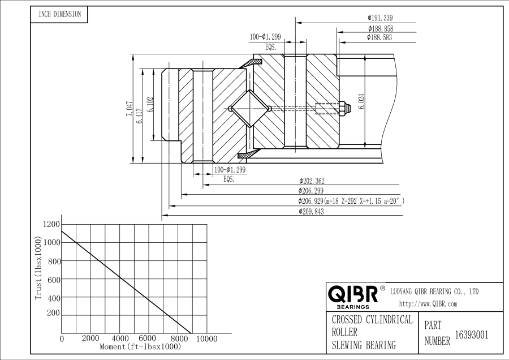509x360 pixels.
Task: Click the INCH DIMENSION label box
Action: [x=59, y=14]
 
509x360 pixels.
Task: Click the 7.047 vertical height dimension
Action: [x=130, y=109]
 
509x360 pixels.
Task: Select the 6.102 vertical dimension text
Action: [x=150, y=105]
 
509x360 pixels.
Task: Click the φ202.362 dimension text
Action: [x=312, y=181]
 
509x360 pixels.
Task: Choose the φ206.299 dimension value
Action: [x=312, y=191]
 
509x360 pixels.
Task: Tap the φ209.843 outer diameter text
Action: [x=312, y=211]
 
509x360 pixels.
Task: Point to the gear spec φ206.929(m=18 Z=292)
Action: [x=351, y=201]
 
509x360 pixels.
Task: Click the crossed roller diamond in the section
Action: [x=251, y=109]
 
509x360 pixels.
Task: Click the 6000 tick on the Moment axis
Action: [x=148, y=338]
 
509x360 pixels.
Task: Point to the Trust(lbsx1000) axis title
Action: [x=38, y=272]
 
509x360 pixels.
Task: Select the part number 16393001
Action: [x=471, y=335]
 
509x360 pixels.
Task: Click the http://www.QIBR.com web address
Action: [x=428, y=304]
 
